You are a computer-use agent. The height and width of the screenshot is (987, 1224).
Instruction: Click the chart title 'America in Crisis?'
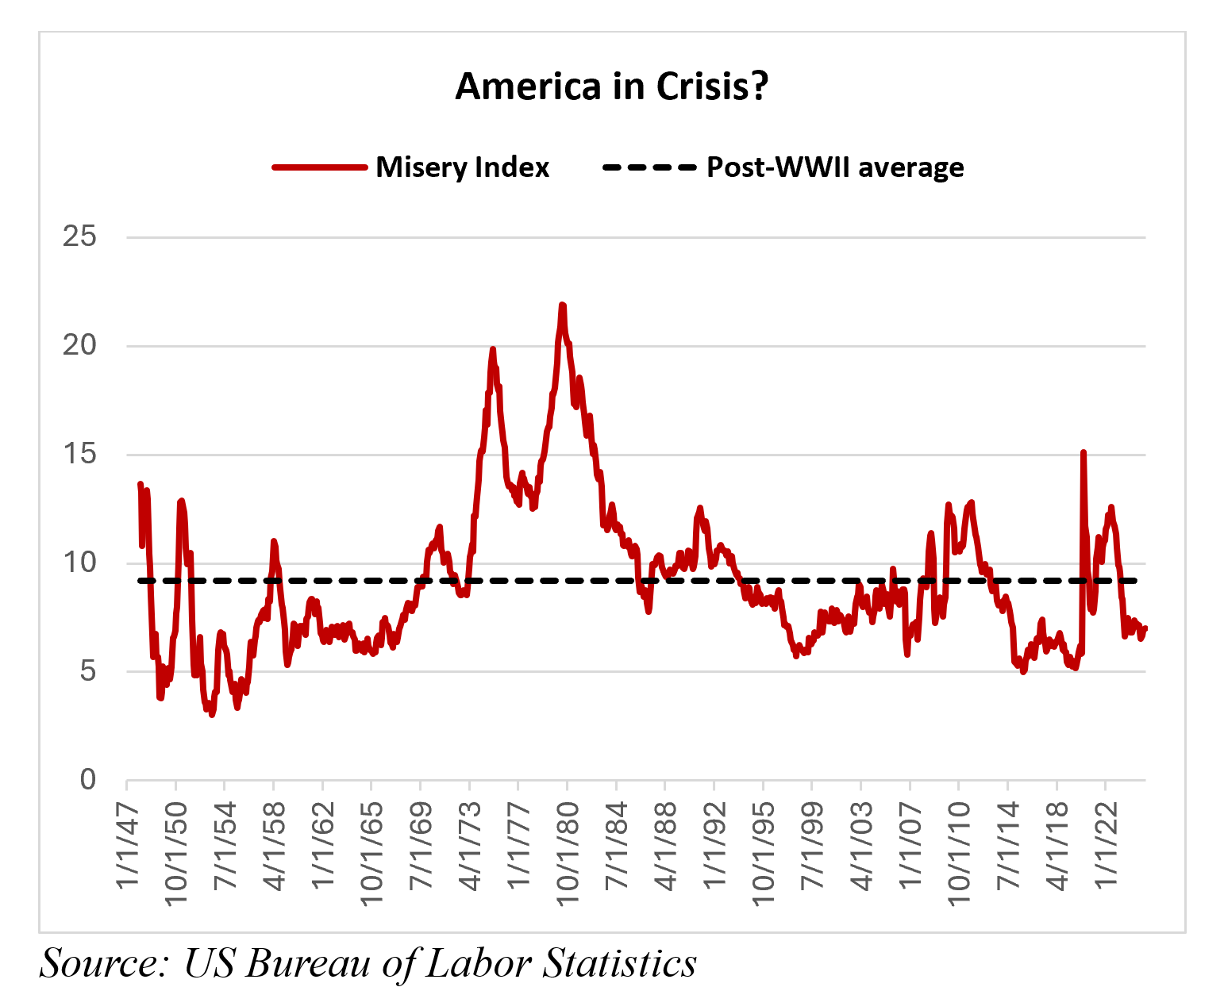pyautogui.click(x=611, y=86)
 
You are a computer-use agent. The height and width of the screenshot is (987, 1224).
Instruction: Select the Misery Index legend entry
pyautogui.click(x=462, y=167)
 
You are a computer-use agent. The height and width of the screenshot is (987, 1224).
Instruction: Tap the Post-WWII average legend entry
pyautogui.click(x=835, y=167)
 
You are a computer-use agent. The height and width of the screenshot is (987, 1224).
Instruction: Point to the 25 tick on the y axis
pyautogui.click(x=79, y=236)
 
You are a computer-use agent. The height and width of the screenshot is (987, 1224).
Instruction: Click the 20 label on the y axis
pyautogui.click(x=79, y=345)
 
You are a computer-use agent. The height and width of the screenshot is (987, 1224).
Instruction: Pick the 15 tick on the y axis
pyautogui.click(x=79, y=454)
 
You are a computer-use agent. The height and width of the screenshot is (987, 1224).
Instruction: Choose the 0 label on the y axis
pyautogui.click(x=87, y=780)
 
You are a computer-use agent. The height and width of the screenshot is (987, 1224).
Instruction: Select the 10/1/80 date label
pyautogui.click(x=568, y=853)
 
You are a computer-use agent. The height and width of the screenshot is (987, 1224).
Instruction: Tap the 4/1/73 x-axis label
pyautogui.click(x=470, y=847)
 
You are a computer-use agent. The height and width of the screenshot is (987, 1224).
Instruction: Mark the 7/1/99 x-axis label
pyautogui.click(x=812, y=847)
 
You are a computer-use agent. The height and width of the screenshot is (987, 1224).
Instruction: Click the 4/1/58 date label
pyautogui.click(x=274, y=847)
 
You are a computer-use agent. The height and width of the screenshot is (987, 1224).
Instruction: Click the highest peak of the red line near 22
pyautogui.click(x=562, y=305)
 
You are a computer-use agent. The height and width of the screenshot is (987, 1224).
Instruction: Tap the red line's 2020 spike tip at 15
pyautogui.click(x=1083, y=452)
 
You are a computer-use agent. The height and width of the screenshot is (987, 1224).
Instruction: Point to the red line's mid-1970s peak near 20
pyautogui.click(x=492, y=349)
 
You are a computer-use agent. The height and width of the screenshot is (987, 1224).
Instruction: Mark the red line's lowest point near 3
pyautogui.click(x=212, y=714)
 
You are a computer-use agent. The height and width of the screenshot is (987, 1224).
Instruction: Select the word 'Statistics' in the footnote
pyautogui.click(x=620, y=963)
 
